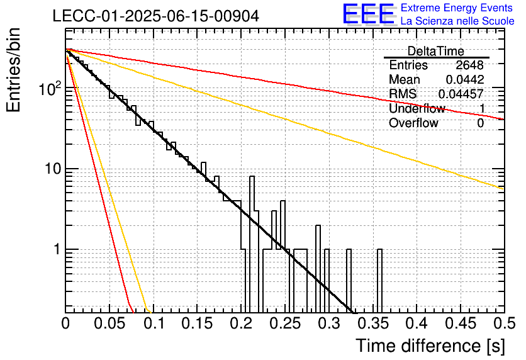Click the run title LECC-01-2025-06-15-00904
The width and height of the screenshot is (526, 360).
coord(155,16)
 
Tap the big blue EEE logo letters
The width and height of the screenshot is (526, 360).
coord(369,14)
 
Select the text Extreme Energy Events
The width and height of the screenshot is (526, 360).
coord(457,8)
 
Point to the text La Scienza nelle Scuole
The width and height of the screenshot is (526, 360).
coord(457,21)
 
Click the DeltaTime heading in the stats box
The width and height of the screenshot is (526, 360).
coord(436,51)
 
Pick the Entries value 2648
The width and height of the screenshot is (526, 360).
coord(469,65)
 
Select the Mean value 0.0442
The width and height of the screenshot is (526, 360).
coord(464,79)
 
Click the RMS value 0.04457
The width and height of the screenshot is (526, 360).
coord(461,94)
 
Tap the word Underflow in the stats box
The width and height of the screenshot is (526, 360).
coord(417,108)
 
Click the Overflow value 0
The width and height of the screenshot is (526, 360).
coord(480,123)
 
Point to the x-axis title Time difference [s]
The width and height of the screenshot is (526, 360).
coord(430,346)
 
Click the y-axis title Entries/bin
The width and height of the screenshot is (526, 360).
coord(13,70)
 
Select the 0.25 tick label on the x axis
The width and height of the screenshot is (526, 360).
coord(285,323)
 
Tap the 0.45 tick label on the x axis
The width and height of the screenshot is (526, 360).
coord(461,323)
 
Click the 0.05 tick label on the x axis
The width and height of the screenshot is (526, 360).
coord(109,323)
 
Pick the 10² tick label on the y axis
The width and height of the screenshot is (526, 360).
coord(50,88)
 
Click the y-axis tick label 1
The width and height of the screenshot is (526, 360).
coord(57,250)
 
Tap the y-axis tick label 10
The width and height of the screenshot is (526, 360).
coord(53,169)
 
